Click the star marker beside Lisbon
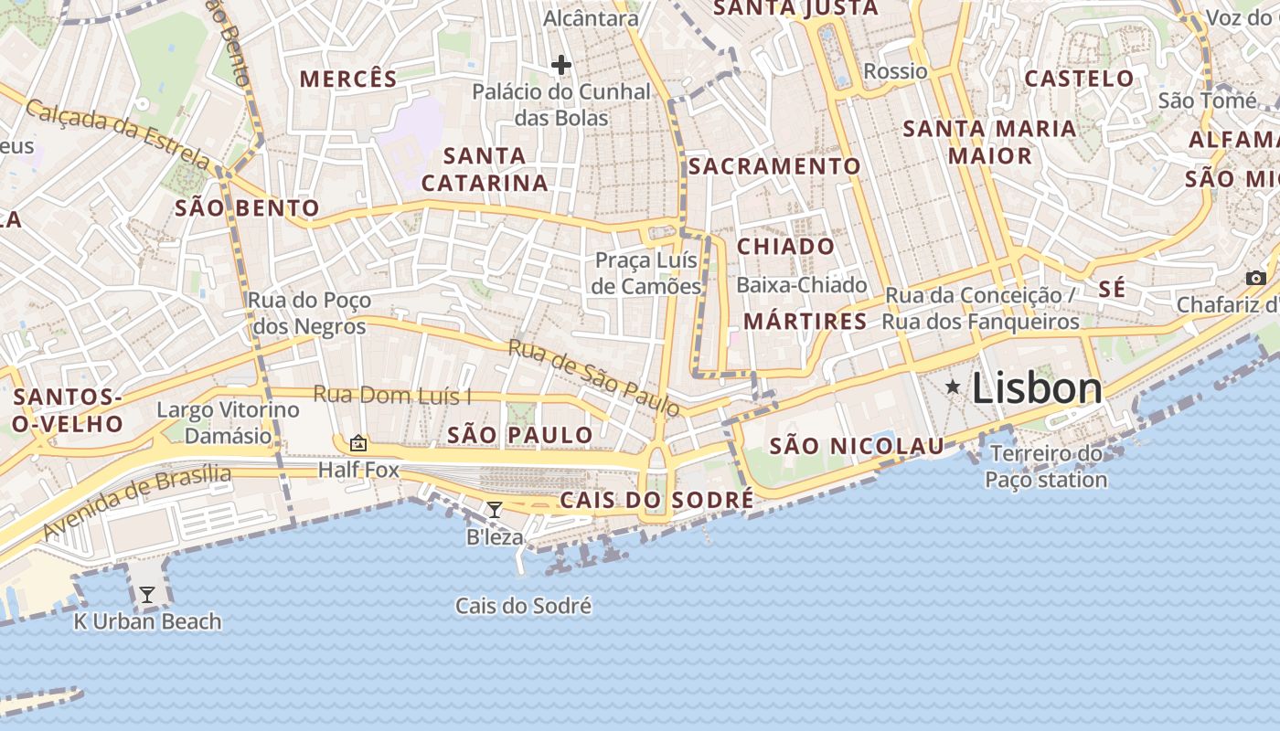(x=953, y=387)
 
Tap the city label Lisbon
(x=1037, y=388)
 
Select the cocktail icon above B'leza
(x=495, y=509)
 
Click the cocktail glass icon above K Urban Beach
(x=146, y=595)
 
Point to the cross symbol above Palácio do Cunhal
(x=561, y=65)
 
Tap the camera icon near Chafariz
(x=1256, y=278)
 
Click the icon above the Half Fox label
(x=358, y=443)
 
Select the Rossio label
(x=895, y=71)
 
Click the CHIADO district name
(x=785, y=247)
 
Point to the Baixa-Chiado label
(x=801, y=285)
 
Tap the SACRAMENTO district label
(x=774, y=166)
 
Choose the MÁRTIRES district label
(x=805, y=322)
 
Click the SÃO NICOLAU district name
(x=857, y=446)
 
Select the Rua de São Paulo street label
(x=593, y=377)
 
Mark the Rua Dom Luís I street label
(x=392, y=396)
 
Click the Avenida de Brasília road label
(x=137, y=502)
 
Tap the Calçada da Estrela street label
(x=117, y=133)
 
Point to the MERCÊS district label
(x=348, y=79)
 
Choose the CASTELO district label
(x=1079, y=79)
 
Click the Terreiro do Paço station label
(x=1046, y=467)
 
